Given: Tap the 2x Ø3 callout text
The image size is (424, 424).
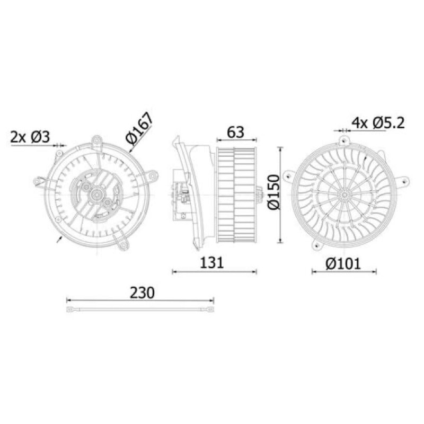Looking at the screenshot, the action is [30, 137].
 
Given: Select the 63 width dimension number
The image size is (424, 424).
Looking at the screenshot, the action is [235, 132].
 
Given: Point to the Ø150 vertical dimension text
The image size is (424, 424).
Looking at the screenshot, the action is [273, 192].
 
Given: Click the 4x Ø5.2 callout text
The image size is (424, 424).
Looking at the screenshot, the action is [378, 123].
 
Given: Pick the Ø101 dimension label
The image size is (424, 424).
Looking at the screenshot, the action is [343, 263].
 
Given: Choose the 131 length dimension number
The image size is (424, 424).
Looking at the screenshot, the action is [211, 262].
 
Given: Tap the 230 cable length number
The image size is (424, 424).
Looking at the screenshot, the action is [142, 293].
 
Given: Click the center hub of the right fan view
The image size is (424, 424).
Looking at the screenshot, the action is [344, 195].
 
